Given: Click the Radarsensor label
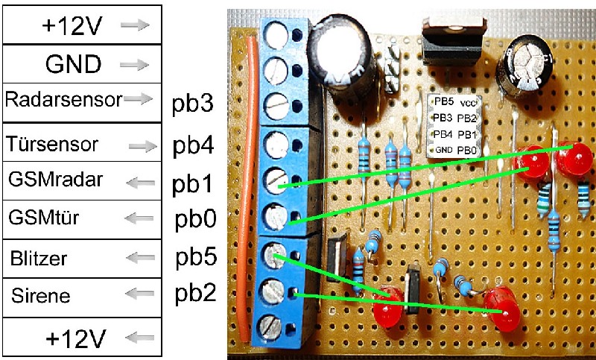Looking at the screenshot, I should pyautogui.click(x=63, y=99).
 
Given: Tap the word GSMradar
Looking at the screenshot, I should pyautogui.click(x=57, y=180).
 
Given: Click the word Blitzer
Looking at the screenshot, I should pyautogui.click(x=39, y=259).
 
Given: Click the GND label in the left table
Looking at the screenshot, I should pyautogui.click(x=74, y=64).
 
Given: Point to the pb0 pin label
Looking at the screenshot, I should pyautogui.click(x=195, y=221).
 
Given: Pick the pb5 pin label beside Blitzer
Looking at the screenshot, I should pyautogui.click(x=196, y=259).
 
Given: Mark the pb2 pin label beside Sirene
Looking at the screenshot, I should pyautogui.click(x=196, y=293).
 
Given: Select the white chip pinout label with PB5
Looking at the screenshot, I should pyautogui.click(x=455, y=126).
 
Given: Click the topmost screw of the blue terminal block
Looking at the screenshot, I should pyautogui.click(x=276, y=32).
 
